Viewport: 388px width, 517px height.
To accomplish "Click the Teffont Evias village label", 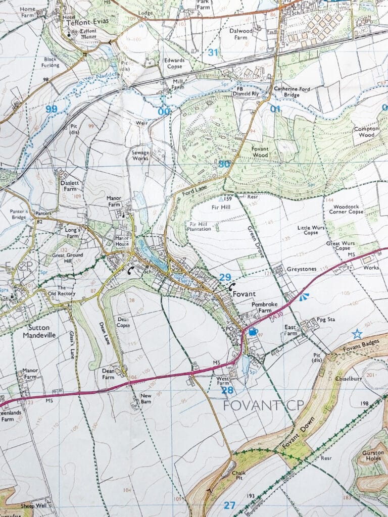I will (91, 23).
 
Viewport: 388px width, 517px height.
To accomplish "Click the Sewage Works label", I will (140, 154).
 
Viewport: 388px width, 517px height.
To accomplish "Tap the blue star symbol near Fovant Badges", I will (357, 334).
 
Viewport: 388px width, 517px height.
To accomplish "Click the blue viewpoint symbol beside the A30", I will (303, 297).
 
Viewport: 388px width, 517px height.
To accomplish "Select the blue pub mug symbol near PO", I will (252, 331).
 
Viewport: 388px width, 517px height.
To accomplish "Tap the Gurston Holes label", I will (374, 456).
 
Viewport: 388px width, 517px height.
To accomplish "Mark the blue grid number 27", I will (229, 505).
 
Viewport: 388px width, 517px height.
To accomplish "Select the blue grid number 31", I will (214, 53).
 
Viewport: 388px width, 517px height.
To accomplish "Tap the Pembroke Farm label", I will (265, 307).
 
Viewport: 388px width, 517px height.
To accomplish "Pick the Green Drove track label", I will (256, 242).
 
